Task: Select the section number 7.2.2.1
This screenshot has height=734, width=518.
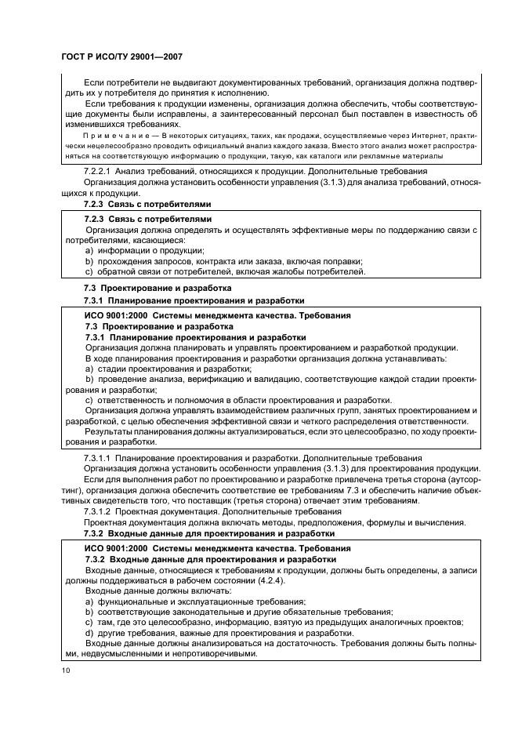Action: point(100,171)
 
